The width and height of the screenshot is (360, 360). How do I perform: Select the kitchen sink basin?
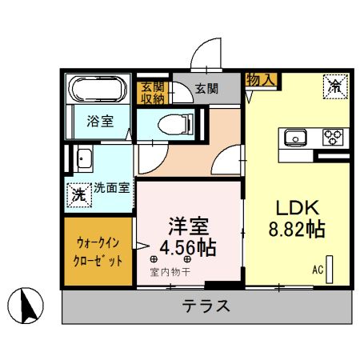[294, 137]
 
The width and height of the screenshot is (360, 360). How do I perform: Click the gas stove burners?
[333, 137]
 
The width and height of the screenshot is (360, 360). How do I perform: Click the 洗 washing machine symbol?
[78, 194]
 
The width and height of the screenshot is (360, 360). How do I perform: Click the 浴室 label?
[100, 121]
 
